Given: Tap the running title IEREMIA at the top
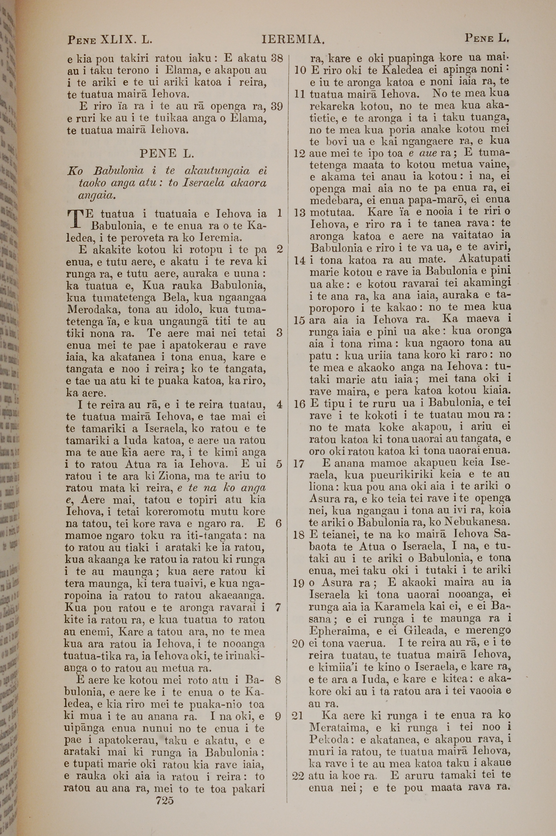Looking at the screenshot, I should [293, 39].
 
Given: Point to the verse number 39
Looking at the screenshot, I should [277, 106].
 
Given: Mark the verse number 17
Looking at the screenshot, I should [299, 464].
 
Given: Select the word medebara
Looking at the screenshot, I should [334, 201].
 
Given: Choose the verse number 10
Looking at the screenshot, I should [300, 70].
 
